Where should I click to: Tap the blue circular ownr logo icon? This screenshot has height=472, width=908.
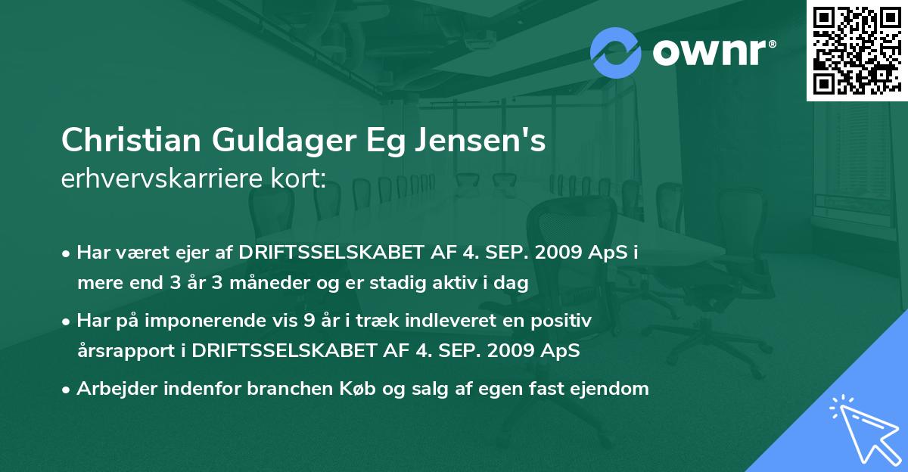(x=616, y=53)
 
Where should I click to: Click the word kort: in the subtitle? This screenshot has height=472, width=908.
(x=300, y=179)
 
